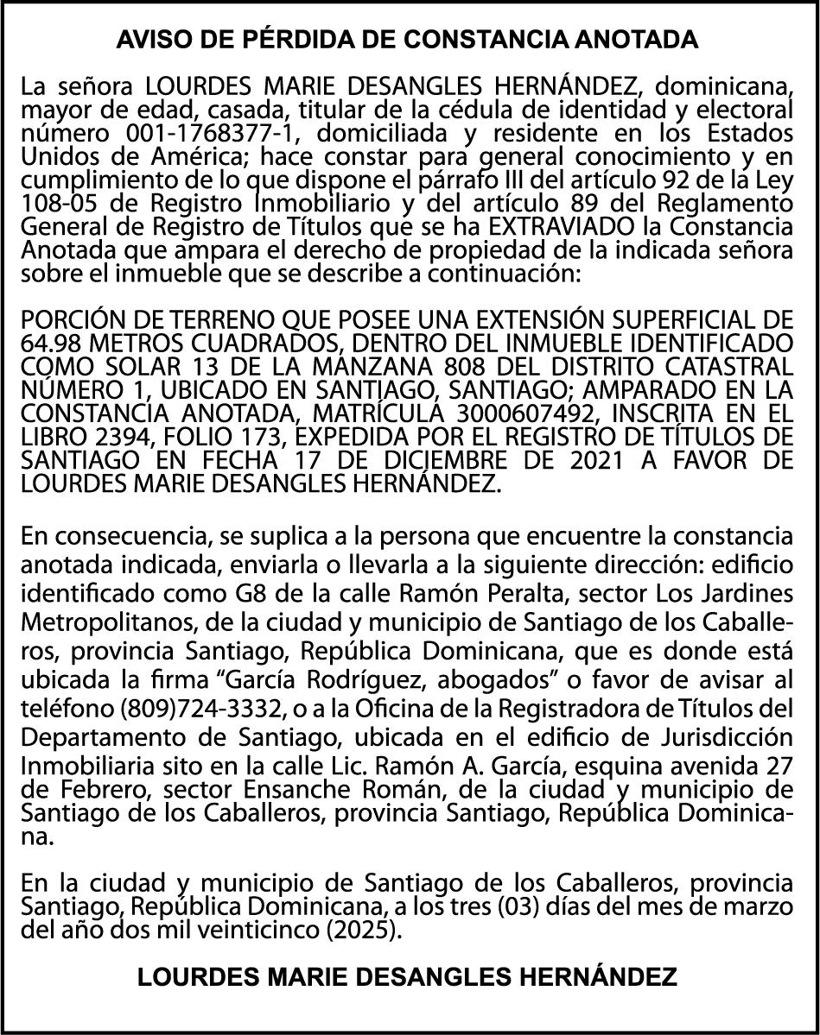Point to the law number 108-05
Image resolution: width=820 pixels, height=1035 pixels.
(53, 203)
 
